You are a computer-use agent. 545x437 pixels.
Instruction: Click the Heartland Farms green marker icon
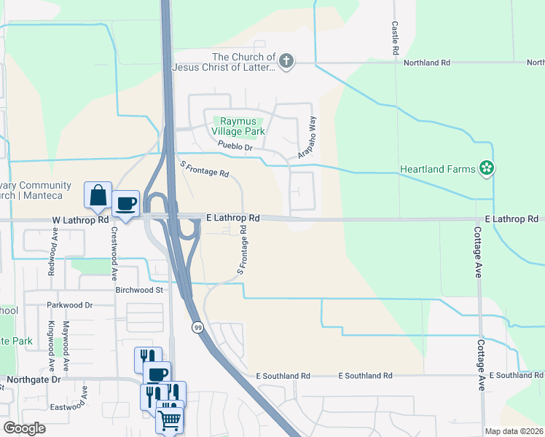tap(487, 169)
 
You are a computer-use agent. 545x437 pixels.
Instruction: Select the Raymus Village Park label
tap(238, 127)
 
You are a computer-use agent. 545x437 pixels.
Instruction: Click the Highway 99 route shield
tap(197, 328)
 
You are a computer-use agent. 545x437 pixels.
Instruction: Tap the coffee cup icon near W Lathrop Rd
tap(126, 203)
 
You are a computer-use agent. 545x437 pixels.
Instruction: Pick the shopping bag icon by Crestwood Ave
tap(98, 194)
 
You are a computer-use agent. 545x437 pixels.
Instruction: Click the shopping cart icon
tap(169, 419)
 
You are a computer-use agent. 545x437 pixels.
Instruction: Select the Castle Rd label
tap(394, 39)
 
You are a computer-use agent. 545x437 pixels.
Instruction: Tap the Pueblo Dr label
tap(234, 147)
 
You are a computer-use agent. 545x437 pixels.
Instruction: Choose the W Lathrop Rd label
tap(80, 219)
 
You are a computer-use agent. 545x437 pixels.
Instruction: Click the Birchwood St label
tap(138, 289)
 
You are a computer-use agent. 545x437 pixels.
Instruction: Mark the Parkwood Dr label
tap(69, 306)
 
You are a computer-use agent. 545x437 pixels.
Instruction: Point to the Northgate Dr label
tap(34, 379)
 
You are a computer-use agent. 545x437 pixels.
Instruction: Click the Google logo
tap(24, 428)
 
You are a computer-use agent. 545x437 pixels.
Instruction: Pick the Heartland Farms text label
tap(436, 170)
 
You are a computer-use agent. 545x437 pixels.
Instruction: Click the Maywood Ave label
tap(66, 336)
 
